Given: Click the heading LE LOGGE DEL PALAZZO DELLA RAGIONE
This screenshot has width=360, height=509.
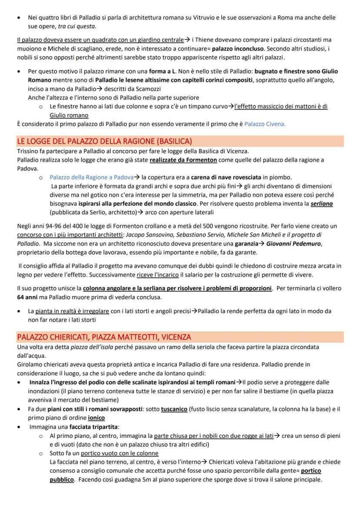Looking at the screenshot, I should coord(104,141).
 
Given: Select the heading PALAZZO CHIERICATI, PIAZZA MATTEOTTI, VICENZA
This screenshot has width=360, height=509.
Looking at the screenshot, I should coord(104,337).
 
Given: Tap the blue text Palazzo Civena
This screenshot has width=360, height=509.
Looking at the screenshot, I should coord(265,124).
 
